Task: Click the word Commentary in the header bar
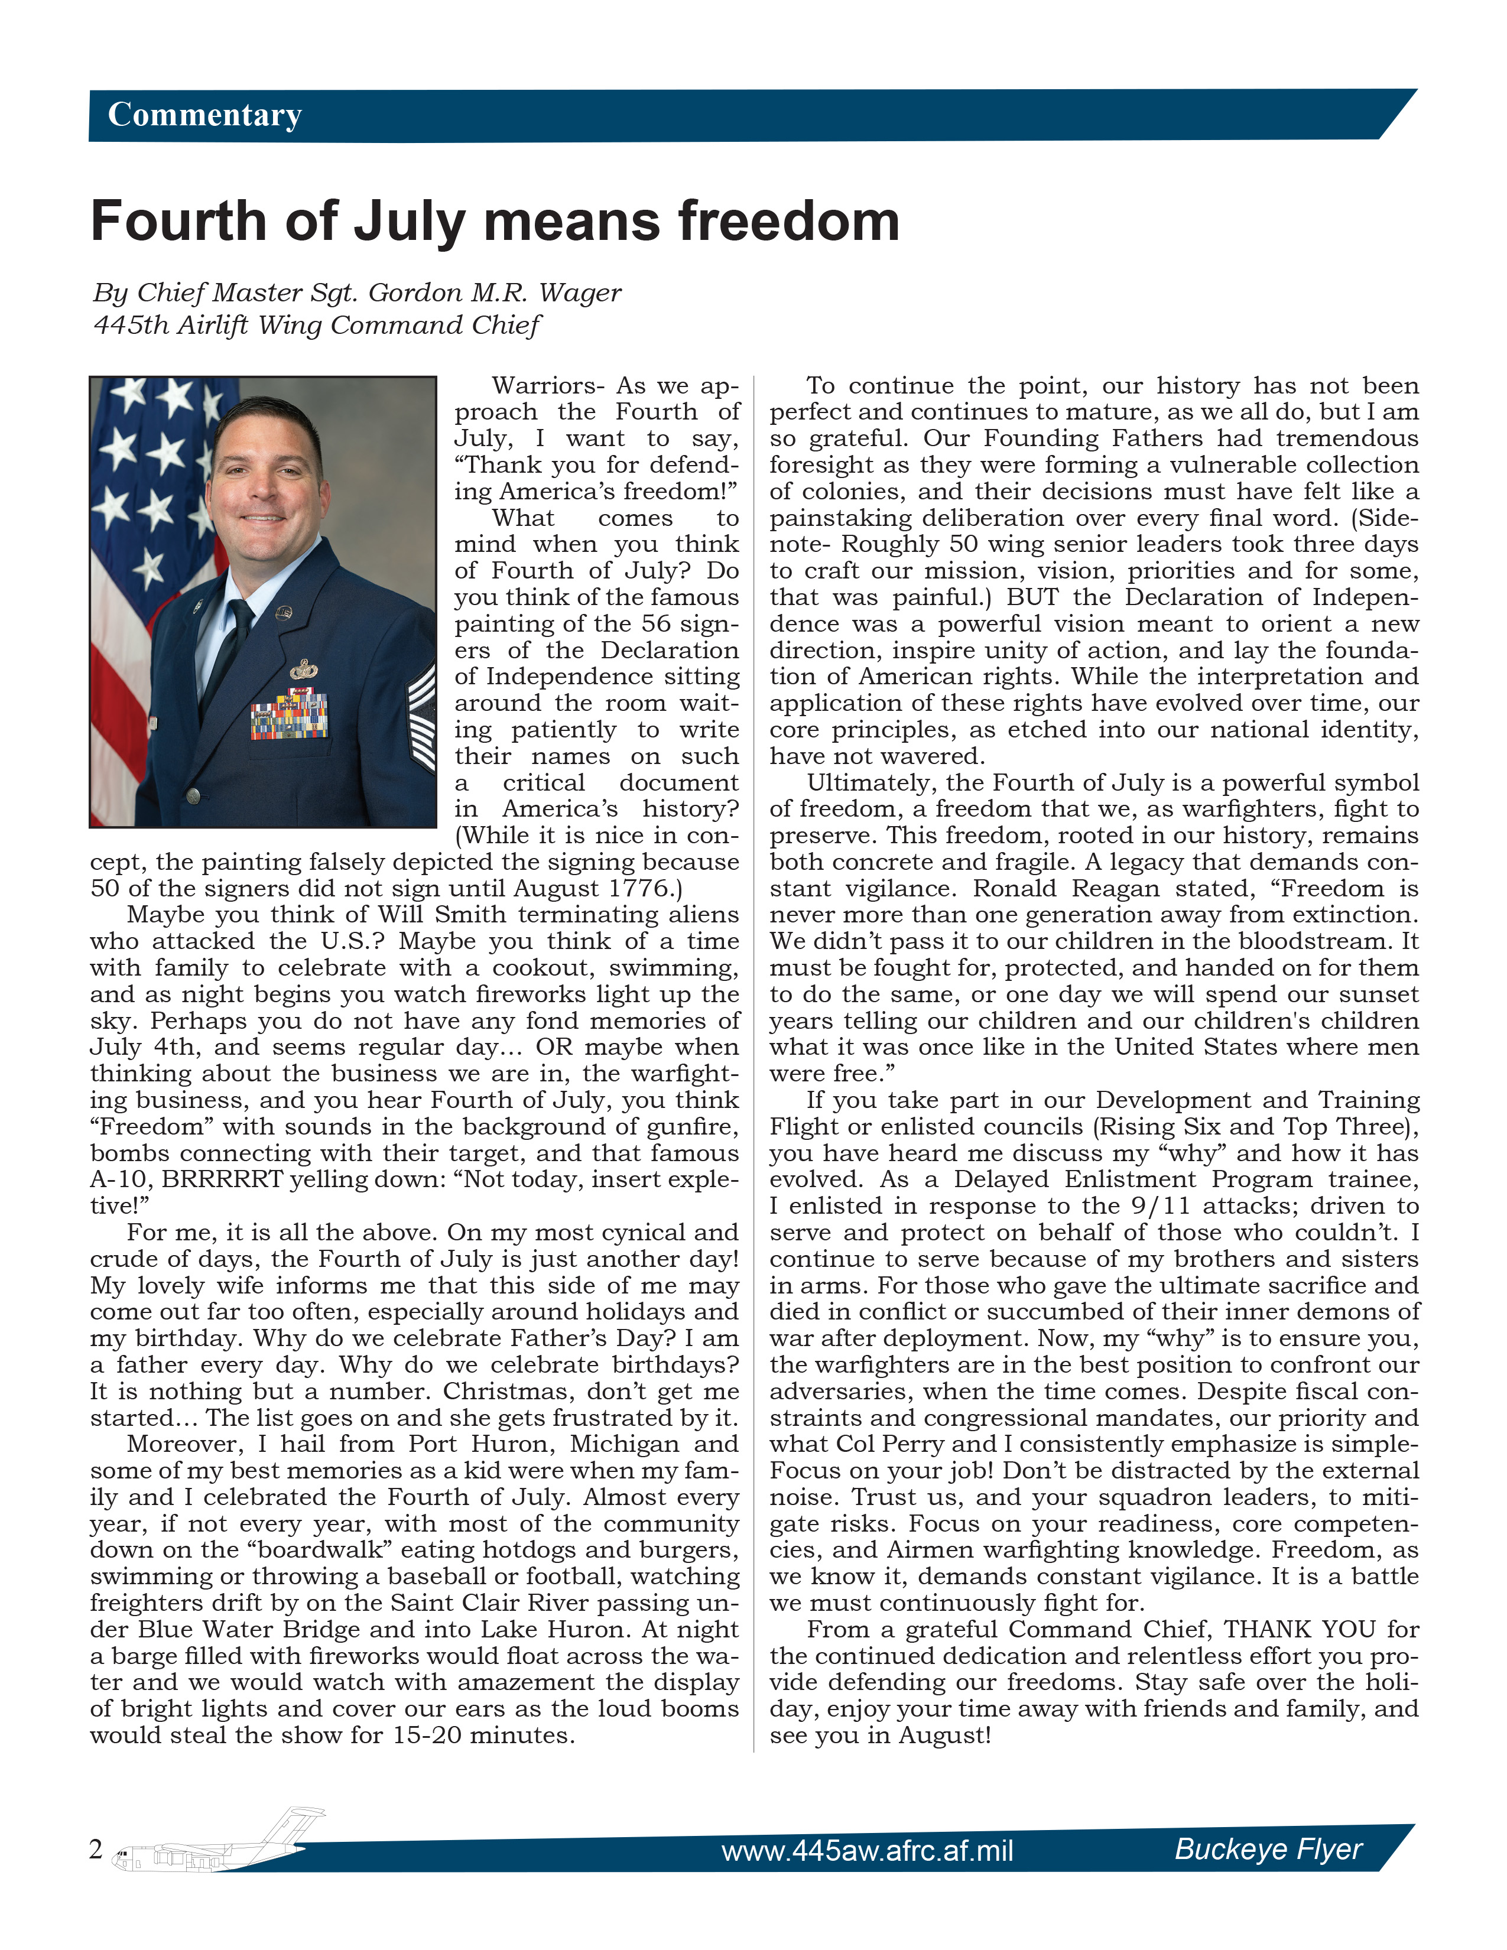pos(204,115)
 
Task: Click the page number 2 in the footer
pos(96,1849)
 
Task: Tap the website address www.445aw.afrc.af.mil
pos(867,1850)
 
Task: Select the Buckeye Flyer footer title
pos(1268,1848)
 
